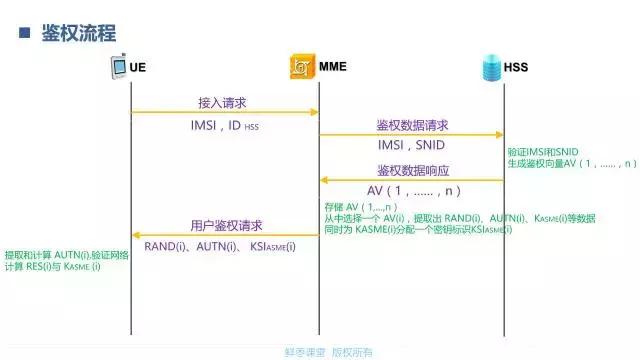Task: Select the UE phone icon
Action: coord(118,68)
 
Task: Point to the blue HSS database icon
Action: coord(490,68)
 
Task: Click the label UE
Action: coord(139,68)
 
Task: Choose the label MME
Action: coord(334,68)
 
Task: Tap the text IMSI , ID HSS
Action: coord(225,126)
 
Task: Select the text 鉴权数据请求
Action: coord(412,125)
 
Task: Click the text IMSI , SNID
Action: coord(412,145)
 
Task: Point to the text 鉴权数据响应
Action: coord(412,169)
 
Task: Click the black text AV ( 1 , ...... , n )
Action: coord(413,190)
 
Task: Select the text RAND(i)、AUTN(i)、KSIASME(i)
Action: coord(219,246)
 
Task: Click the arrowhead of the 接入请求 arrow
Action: coord(315,113)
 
